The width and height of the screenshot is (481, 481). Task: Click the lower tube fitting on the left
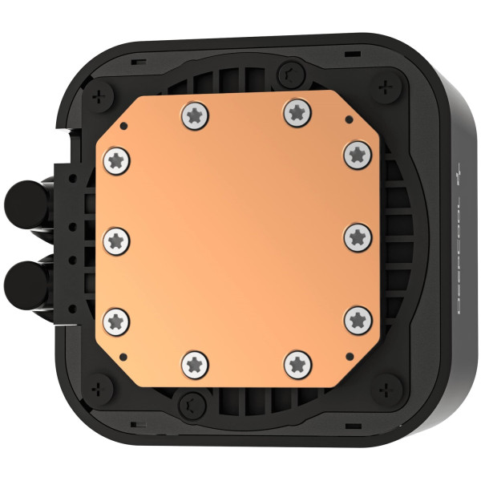coord(22,282)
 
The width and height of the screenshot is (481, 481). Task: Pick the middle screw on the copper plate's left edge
coord(117,238)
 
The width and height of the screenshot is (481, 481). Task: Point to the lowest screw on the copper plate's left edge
coord(117,319)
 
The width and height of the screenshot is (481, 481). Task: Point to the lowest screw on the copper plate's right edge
coord(358,320)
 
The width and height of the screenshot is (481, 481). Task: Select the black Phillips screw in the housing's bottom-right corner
coord(389,391)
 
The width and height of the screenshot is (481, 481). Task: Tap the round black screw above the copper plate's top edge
coord(288,73)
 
